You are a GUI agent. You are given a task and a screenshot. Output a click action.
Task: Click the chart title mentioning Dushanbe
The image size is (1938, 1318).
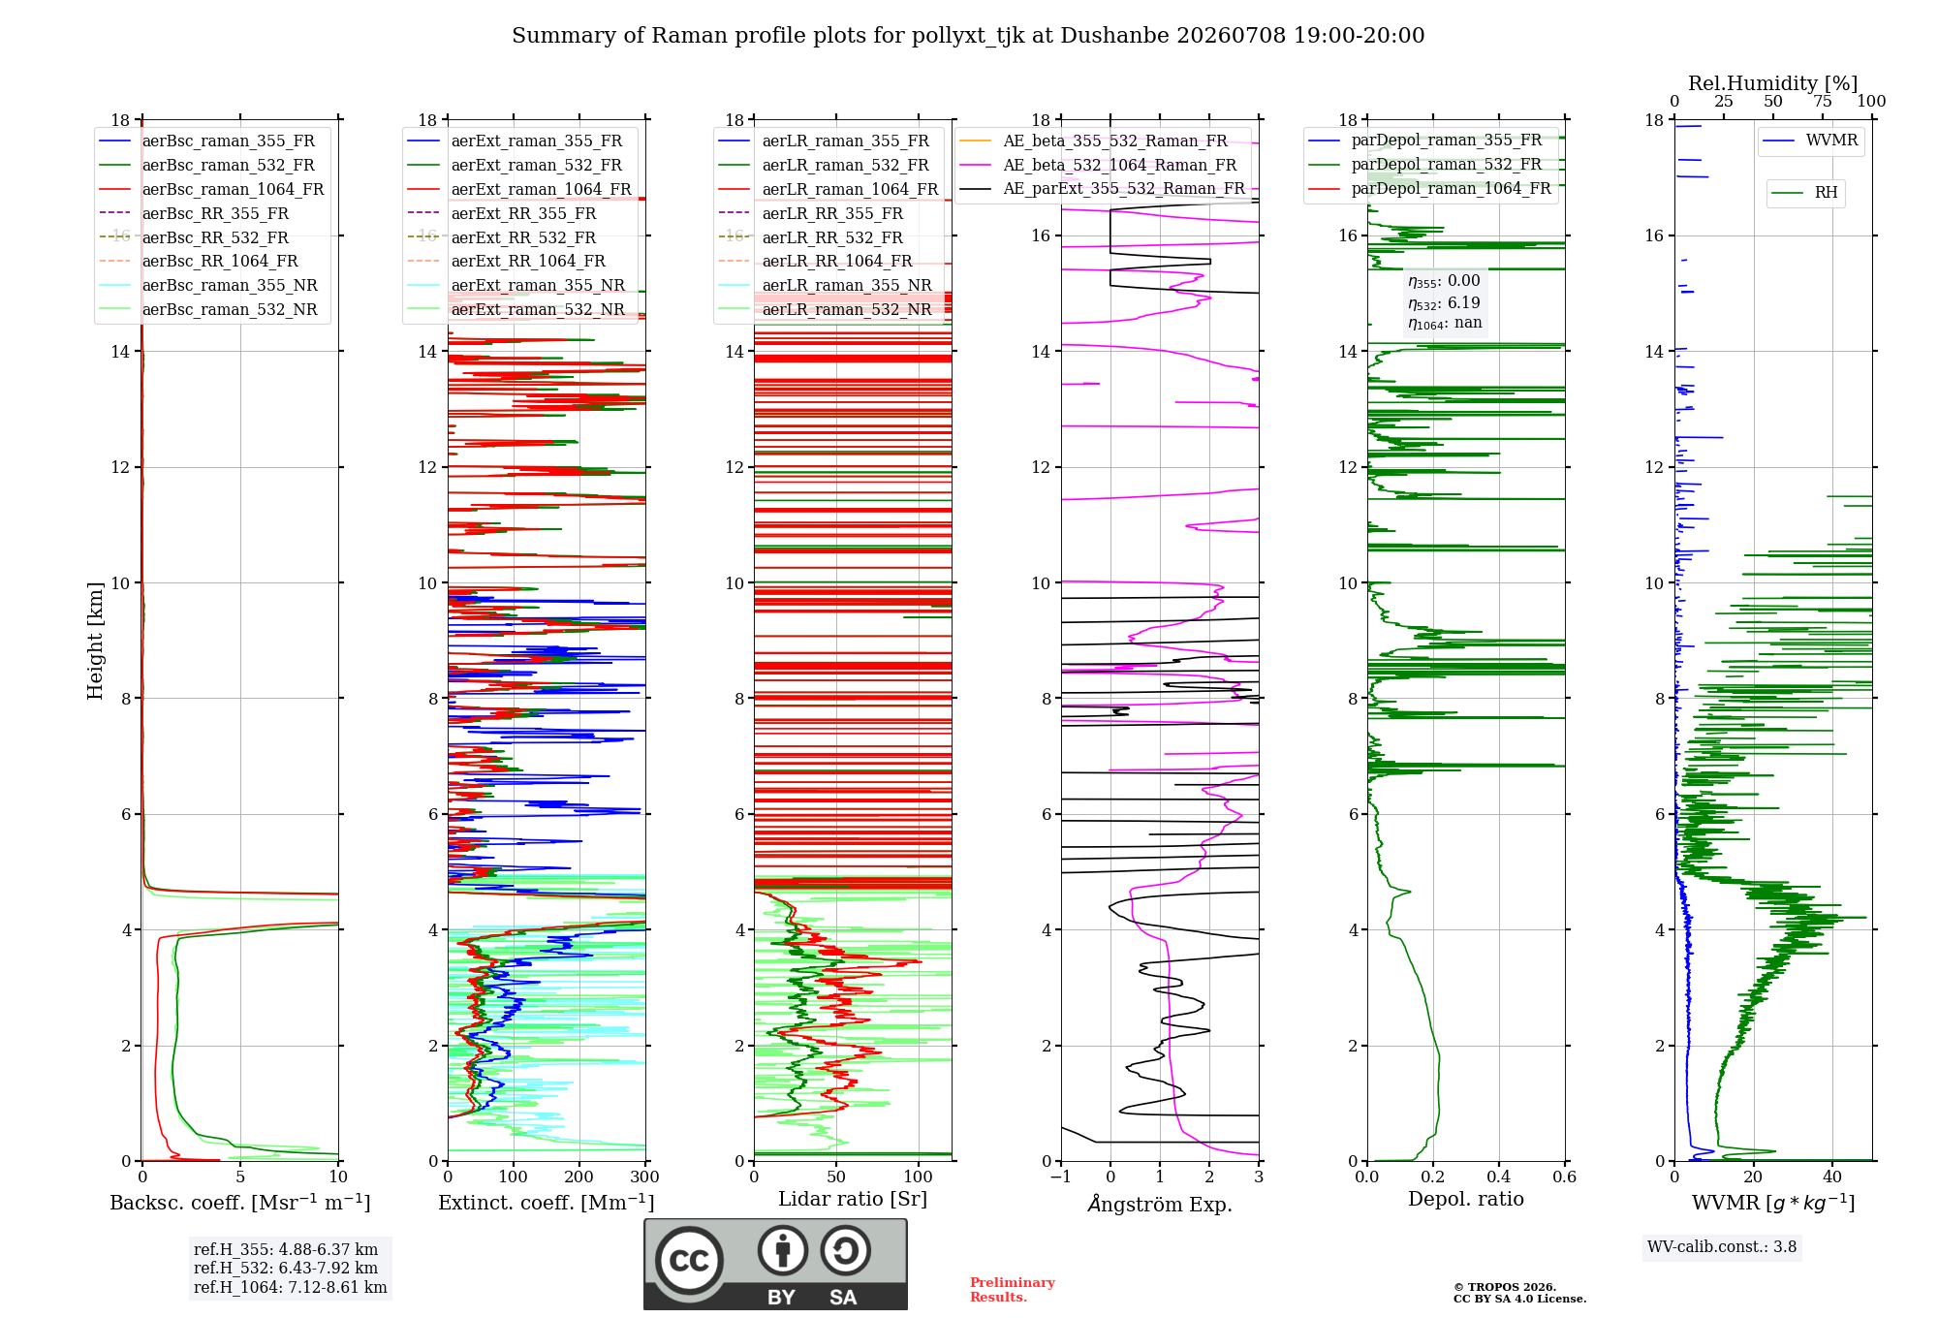coord(968,36)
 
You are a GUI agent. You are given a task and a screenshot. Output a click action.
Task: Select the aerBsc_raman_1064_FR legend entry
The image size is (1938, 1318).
coord(211,190)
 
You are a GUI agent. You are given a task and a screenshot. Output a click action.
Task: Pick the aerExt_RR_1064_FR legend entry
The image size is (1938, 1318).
coord(506,262)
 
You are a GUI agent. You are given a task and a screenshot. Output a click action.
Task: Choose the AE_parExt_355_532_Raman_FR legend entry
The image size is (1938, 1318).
coord(1102,189)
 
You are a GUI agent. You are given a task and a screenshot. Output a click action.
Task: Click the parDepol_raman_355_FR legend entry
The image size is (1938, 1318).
coord(1424,141)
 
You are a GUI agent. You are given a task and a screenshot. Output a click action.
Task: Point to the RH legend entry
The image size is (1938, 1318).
coord(1804,193)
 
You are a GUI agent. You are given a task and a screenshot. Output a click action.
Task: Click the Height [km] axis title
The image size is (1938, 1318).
coord(95,641)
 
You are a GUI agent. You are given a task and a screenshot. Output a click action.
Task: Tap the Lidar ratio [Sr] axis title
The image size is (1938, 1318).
coord(853,1200)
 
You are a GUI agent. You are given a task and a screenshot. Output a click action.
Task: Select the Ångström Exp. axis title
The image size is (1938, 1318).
coord(1160,1204)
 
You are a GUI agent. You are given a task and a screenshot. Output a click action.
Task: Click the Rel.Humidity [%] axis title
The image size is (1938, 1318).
coord(1773,83)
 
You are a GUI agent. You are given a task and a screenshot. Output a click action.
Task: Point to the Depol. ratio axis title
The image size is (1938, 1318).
coord(1466,1200)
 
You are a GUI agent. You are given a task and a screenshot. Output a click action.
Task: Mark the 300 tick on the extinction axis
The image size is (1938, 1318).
coord(645,1177)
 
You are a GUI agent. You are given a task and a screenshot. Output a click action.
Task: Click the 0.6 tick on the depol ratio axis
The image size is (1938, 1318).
coord(1565,1177)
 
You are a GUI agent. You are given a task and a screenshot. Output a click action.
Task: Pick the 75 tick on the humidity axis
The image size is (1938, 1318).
coord(1823,102)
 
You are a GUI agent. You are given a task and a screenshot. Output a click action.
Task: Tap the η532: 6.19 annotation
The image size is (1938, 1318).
coord(1444,303)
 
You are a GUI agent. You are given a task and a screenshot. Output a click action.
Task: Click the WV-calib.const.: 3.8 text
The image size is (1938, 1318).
coord(1722,1247)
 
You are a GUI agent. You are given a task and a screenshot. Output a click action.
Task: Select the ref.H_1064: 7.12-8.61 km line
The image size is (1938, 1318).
coord(291,1288)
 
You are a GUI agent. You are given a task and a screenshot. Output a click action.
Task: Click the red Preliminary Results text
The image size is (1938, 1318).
coord(1013,1290)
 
